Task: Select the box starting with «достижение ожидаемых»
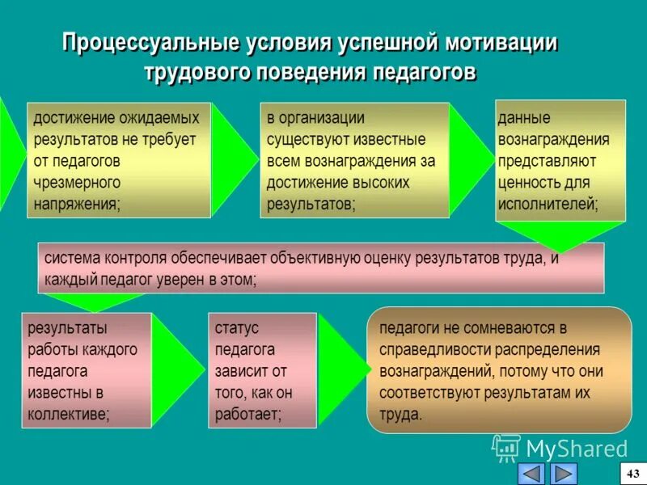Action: click(x=118, y=160)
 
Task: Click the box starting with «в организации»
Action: click(x=354, y=160)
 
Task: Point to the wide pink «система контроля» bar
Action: click(x=320, y=268)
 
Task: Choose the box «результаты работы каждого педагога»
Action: click(x=86, y=370)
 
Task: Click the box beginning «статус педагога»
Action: click(x=262, y=370)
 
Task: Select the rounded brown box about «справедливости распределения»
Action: click(x=498, y=370)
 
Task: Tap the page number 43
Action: click(x=632, y=473)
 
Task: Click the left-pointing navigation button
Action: click(x=531, y=473)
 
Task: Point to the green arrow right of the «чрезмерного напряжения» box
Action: click(x=232, y=159)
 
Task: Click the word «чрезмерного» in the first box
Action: click(x=77, y=182)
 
